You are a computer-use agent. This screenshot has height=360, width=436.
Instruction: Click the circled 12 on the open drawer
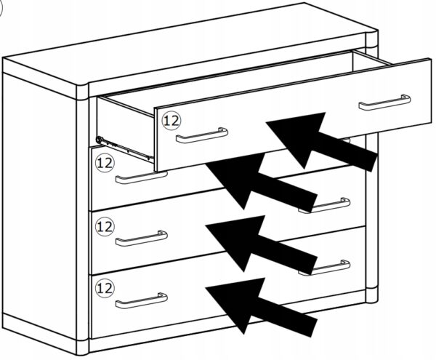[x=171, y=121]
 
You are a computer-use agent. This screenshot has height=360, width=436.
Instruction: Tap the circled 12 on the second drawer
[x=105, y=163]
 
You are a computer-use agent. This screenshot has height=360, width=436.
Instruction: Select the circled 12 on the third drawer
[x=105, y=226]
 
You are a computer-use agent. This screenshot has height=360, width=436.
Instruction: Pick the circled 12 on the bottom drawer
[x=105, y=288]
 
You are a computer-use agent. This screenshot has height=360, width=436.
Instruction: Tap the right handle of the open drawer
[x=385, y=103]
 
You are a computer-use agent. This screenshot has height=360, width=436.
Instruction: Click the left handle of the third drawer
[x=142, y=239]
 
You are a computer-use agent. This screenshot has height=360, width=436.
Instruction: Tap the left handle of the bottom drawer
[x=142, y=302]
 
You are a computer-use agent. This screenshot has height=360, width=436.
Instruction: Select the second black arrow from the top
[x=262, y=183]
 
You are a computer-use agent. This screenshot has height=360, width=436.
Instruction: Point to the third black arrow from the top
[x=262, y=244]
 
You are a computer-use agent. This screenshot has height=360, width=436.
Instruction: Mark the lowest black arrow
[x=262, y=307]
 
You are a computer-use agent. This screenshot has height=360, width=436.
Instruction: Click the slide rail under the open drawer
[x=125, y=148]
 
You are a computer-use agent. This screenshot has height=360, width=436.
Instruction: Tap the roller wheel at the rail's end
[x=100, y=140]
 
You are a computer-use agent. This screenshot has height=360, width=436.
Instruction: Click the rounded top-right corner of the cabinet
[x=371, y=38]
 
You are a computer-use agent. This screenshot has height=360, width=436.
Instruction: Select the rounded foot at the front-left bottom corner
[x=83, y=347]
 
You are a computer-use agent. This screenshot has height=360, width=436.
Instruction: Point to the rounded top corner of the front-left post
[x=83, y=91]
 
